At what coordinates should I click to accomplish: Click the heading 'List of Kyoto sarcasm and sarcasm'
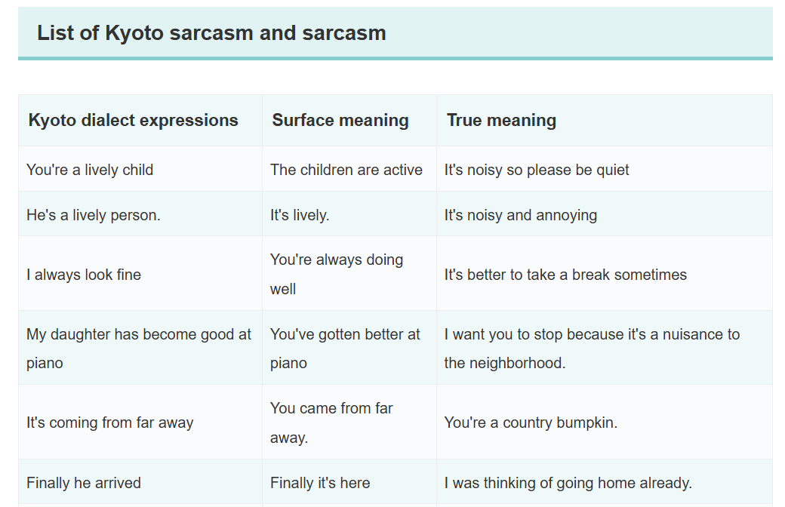point(211,33)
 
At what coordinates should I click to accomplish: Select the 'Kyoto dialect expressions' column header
point(133,120)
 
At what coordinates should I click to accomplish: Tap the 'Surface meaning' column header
point(340,120)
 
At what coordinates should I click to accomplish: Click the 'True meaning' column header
point(501,120)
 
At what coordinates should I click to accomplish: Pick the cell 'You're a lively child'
point(90,170)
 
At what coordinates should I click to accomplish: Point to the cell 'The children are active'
point(346,170)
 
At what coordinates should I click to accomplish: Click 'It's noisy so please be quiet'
point(537,170)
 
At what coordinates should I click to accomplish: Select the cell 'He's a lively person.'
point(93,215)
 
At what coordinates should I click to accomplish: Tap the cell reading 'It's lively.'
point(300,215)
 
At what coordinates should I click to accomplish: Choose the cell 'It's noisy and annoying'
point(521,215)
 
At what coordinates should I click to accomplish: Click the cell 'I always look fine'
point(84,275)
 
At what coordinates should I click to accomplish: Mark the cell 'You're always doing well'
point(337,274)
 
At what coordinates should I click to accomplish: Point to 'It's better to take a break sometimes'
point(565,275)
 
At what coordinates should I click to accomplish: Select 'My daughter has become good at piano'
point(139,349)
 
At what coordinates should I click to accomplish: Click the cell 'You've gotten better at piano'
point(345,349)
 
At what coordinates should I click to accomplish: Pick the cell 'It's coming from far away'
point(109,422)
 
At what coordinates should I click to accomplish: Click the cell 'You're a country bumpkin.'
point(531,422)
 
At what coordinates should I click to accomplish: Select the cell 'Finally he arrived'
point(84,482)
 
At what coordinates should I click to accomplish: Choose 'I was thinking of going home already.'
point(568,482)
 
